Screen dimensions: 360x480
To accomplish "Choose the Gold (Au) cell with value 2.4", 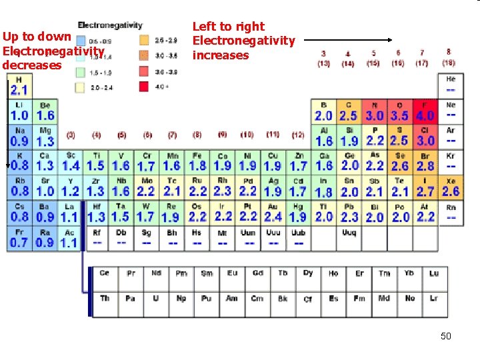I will tap(273, 213).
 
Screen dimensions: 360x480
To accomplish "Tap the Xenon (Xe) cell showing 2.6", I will tap(451, 187).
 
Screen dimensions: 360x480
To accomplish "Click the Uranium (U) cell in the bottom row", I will tap(155, 298).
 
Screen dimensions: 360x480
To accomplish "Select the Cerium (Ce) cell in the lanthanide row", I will tap(105, 273).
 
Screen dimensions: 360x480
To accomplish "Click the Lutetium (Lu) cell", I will tap(434, 273).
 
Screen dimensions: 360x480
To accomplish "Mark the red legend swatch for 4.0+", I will tap(144, 86).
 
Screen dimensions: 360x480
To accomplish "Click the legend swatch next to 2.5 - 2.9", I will tap(144, 40).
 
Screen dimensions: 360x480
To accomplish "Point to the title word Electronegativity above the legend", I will tap(110, 25).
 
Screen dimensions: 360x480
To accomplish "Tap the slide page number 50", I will tap(445, 336).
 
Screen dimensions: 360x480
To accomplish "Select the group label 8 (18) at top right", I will tap(449, 57).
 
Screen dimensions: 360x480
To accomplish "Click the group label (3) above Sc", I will tap(71, 135).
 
